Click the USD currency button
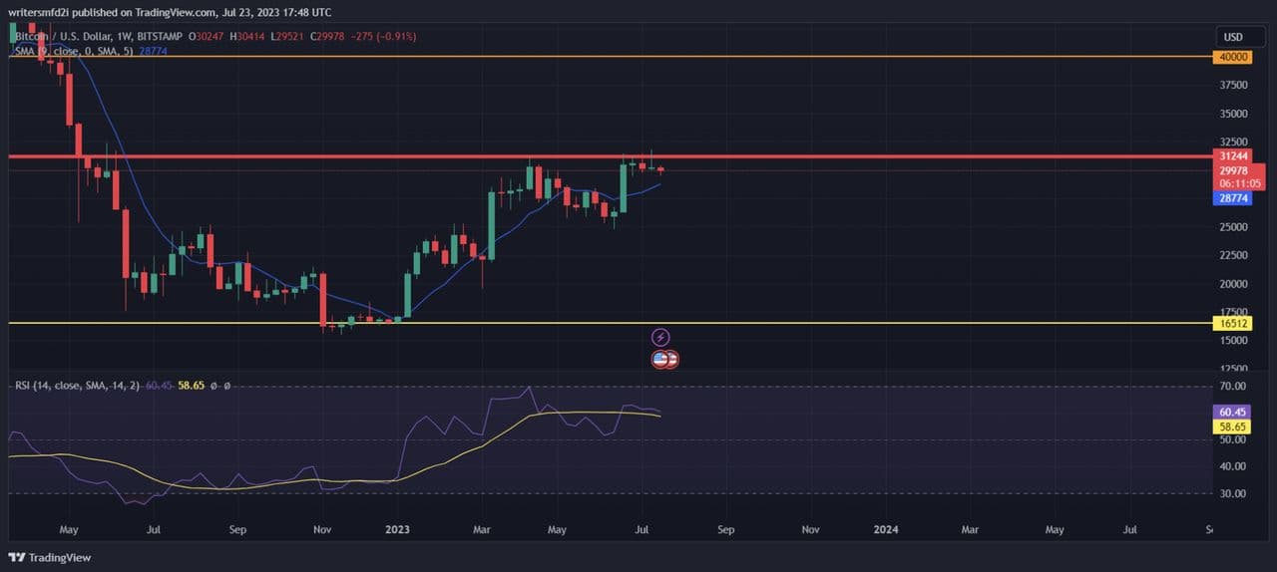[x=1233, y=37]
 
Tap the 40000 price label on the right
[x=1234, y=57]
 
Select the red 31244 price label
[x=1234, y=156]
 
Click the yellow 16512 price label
[x=1234, y=323]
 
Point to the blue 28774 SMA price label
[x=1234, y=199]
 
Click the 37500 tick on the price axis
[x=1234, y=86]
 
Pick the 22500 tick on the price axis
[x=1234, y=255]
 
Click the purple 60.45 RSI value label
[x=1233, y=412]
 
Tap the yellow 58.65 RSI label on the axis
[x=1233, y=427]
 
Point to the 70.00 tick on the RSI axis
[x=1233, y=386]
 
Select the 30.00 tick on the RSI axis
[x=1233, y=493]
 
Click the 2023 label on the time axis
[x=397, y=530]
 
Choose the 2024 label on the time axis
[x=885, y=530]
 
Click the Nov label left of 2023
[x=321, y=530]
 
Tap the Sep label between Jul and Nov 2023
[x=725, y=530]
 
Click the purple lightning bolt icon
[x=659, y=338]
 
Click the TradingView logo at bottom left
[x=50, y=557]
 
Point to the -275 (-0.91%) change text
[x=387, y=37]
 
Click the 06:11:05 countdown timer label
[x=1240, y=184]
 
